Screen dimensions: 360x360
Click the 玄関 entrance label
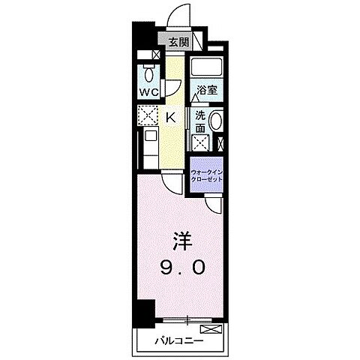tap(178, 43)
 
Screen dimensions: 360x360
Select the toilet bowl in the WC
tap(148, 74)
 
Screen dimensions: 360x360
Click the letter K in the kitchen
tap(169, 116)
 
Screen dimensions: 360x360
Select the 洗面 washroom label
tap(199, 122)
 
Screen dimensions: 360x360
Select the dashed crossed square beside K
tap(147, 115)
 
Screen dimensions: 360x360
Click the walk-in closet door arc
tap(212, 202)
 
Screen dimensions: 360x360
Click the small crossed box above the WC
tap(154, 55)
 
